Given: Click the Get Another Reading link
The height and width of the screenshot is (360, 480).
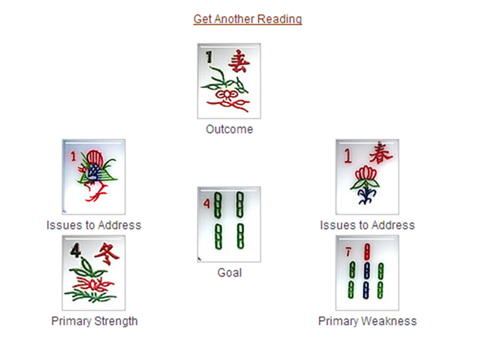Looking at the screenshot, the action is [247, 19].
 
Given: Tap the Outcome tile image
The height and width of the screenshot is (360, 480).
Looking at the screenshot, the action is [229, 81].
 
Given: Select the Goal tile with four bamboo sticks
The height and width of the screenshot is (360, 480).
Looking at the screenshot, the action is [229, 224].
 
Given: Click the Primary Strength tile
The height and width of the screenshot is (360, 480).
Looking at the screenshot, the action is [94, 272].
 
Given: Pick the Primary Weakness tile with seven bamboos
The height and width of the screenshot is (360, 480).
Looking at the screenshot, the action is [367, 272].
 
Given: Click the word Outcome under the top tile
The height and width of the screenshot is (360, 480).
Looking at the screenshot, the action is [229, 129].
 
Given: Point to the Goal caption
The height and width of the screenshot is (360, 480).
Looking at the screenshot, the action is [229, 272].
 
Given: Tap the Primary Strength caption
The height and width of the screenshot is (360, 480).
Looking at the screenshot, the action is [94, 321].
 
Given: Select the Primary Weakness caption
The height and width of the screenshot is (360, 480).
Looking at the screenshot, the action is [367, 321].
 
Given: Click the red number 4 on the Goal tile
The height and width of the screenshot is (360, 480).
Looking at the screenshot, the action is [207, 203].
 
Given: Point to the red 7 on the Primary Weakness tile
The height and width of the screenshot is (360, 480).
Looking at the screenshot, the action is [348, 252].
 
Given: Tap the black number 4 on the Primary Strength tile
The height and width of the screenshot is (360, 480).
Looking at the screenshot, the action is [76, 251].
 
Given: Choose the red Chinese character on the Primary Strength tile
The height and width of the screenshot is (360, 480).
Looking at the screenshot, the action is [106, 254].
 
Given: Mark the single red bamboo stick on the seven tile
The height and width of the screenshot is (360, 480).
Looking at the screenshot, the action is [367, 252].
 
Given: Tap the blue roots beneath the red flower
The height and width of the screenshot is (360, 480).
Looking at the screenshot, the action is [365, 195].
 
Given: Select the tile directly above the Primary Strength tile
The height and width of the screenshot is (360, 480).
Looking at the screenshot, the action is [94, 176].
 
